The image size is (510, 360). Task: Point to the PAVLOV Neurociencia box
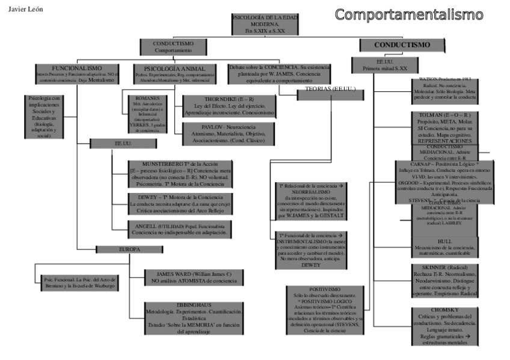click(x=230, y=134)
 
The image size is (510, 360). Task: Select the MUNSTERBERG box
click(x=179, y=174)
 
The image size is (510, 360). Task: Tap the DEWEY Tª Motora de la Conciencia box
click(x=179, y=204)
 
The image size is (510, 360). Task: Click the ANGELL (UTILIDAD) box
click(x=179, y=229)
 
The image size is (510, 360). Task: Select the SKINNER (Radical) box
click(x=445, y=280)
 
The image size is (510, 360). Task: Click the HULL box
click(x=445, y=246)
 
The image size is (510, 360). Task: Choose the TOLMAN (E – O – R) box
click(x=445, y=127)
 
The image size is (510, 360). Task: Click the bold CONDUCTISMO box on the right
click(x=402, y=45)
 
